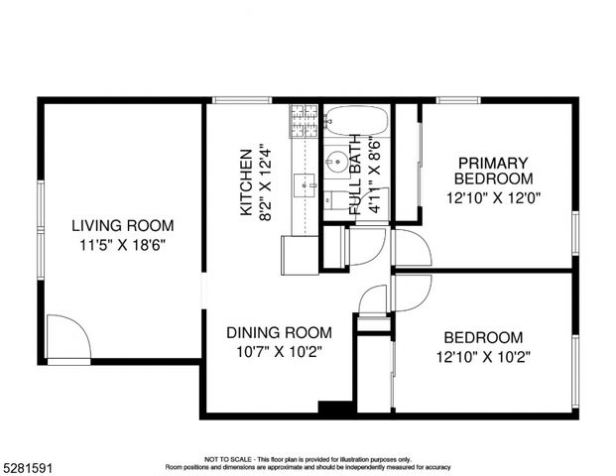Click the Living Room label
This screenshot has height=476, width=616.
(x=123, y=225)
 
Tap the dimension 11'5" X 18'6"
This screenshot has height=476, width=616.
(x=123, y=246)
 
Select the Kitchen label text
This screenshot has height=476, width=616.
(x=246, y=182)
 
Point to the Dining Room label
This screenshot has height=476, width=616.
(x=279, y=332)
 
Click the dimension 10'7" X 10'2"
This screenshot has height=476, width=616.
(x=279, y=352)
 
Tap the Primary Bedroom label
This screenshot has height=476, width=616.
(x=493, y=171)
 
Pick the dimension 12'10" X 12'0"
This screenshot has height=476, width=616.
(x=493, y=197)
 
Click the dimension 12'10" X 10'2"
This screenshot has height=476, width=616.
(x=483, y=357)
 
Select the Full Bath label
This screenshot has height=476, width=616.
(x=355, y=175)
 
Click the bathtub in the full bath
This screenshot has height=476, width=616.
(x=357, y=121)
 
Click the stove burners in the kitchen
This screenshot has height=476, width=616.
(x=304, y=121)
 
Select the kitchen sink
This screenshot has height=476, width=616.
(x=305, y=185)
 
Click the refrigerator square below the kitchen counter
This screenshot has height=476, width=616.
(x=300, y=255)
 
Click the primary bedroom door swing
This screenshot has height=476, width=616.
(x=413, y=248)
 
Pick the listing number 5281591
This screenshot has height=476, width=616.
(x=28, y=468)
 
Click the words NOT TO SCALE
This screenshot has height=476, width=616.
(x=228, y=459)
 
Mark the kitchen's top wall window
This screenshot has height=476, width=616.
(x=242, y=100)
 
